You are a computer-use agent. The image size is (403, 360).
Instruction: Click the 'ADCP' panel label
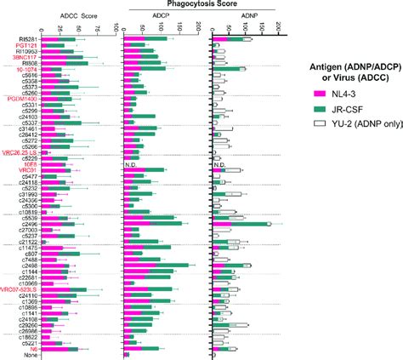point(161,16)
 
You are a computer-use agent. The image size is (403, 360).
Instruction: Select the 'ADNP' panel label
point(246,16)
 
